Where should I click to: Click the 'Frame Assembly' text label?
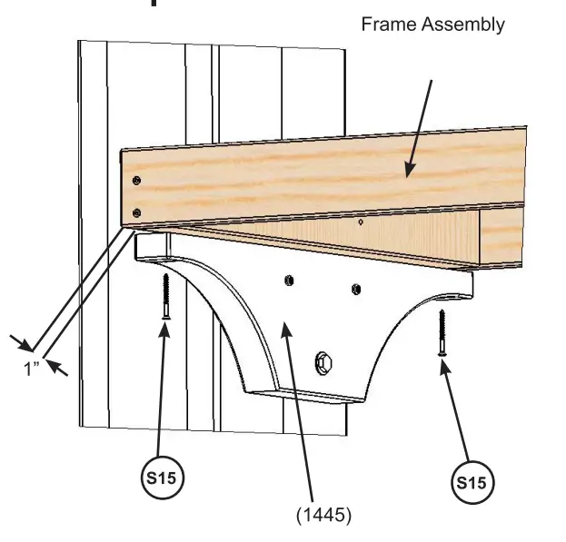432,25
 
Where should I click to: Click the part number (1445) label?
323,514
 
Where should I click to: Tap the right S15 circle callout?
471,482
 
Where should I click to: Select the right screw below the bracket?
442,333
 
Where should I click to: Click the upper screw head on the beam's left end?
136,180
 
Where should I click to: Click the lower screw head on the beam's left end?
136,212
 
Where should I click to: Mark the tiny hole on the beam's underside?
361,222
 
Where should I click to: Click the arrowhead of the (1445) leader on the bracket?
284,328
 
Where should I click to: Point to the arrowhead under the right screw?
444,365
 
